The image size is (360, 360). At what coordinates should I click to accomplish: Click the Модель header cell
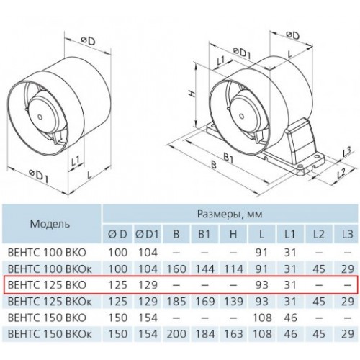click(50, 224)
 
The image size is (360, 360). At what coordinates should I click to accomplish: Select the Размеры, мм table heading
click(230, 213)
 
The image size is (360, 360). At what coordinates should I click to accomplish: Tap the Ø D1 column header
click(147, 234)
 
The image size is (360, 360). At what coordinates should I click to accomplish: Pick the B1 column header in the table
click(204, 234)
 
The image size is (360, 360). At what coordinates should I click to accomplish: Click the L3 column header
click(347, 234)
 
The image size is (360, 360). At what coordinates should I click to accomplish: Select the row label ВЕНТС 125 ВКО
click(47, 285)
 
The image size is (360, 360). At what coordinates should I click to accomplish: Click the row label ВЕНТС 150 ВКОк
click(50, 334)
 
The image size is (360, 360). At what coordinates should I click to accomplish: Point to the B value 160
click(176, 269)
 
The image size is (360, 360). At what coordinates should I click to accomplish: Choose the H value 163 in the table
click(233, 334)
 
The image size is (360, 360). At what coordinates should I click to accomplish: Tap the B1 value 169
click(204, 301)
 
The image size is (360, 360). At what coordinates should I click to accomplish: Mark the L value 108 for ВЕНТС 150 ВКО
click(262, 318)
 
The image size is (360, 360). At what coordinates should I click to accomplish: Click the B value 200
click(176, 334)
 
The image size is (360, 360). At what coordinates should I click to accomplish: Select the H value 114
click(233, 269)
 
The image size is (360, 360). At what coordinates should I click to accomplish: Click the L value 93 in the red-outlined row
click(262, 285)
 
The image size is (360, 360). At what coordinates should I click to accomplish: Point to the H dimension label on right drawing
click(192, 94)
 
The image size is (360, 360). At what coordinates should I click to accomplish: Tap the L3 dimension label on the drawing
click(346, 152)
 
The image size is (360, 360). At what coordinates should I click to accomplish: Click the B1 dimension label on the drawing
click(228, 158)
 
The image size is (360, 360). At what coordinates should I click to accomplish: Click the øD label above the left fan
click(88, 41)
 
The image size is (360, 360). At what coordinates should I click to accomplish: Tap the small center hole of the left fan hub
click(40, 117)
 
